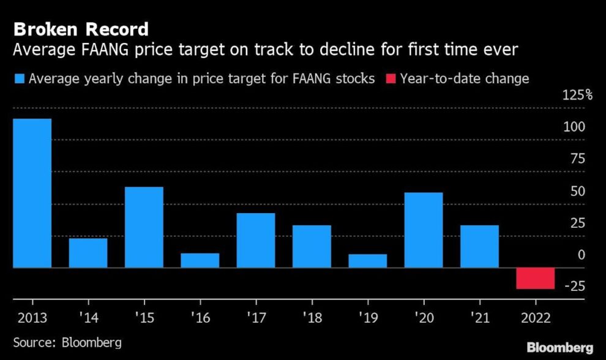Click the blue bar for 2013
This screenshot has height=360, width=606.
pos(32,193)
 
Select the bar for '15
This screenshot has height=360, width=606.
pos(144,227)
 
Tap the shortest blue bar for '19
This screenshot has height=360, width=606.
pos(367,261)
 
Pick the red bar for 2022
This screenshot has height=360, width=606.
pos(535,278)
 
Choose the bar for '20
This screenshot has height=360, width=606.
pos(424,230)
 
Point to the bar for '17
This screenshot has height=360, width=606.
pos(256,240)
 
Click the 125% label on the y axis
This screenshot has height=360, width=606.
pos(578,95)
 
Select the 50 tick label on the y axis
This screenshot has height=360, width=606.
pos(578,190)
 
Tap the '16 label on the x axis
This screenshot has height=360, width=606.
pos(200,318)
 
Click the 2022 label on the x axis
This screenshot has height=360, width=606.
pos(535,318)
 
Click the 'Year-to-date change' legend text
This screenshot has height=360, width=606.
pos(465,79)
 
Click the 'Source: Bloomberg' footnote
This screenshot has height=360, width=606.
pos(68,342)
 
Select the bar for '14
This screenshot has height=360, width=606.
pos(88,252)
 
